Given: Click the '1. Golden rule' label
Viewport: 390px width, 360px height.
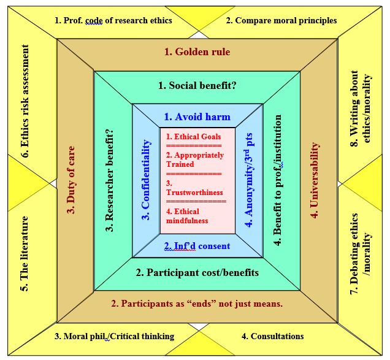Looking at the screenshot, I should click(197, 52).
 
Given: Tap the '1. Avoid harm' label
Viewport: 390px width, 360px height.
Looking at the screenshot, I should click(197, 117).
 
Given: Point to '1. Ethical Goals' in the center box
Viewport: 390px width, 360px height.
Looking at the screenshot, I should click(194, 137).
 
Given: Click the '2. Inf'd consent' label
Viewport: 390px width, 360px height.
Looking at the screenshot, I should click(197, 246).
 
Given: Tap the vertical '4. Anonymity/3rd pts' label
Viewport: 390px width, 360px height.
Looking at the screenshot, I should click(248, 182).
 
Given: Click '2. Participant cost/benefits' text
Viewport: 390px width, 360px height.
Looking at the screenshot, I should click(197, 272).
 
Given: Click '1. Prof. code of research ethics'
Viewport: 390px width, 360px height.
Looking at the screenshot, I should click(113, 20).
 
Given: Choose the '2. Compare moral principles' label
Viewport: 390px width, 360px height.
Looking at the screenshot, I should click(281, 20).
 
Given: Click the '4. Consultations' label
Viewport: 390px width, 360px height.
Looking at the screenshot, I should click(272, 336).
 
